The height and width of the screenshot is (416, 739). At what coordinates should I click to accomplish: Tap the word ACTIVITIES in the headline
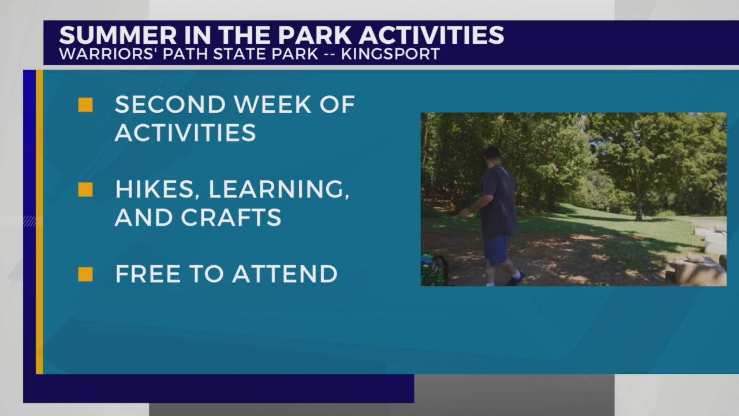pyautogui.click(x=431, y=35)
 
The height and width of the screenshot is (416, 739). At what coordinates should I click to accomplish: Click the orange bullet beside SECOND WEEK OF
pyautogui.click(x=85, y=105)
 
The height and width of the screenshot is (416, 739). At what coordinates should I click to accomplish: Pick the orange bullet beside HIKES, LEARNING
pyautogui.click(x=85, y=190)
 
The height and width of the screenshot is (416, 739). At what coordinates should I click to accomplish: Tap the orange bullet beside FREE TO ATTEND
pyautogui.click(x=85, y=274)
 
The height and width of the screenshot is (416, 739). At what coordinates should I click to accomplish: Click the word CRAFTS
pyautogui.click(x=231, y=217)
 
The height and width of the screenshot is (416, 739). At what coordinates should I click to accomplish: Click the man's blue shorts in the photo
pyautogui.click(x=496, y=249)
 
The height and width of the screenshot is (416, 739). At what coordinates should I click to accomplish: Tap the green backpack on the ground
pyautogui.click(x=434, y=270)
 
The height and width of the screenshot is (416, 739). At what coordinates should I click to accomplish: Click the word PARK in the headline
pyautogui.click(x=316, y=35)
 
